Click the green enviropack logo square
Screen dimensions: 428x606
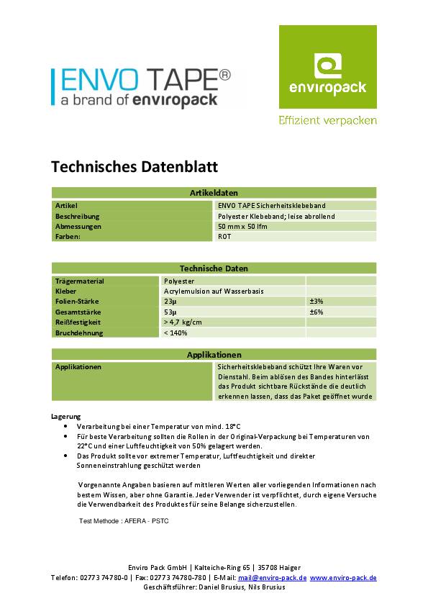click(x=327, y=66)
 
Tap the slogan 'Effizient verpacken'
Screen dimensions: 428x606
click(x=327, y=121)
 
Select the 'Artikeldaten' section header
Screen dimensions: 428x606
click(x=214, y=193)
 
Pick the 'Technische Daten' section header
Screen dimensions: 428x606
click(x=214, y=268)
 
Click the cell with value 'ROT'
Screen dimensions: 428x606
click(x=224, y=236)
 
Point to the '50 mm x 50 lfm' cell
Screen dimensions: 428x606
click(x=242, y=226)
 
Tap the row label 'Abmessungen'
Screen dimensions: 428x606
click(x=78, y=226)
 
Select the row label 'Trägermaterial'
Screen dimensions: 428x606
click(x=80, y=281)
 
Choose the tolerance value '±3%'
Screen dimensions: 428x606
click(x=316, y=302)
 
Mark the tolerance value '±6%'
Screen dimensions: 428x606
click(x=316, y=312)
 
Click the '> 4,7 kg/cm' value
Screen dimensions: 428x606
click(x=183, y=322)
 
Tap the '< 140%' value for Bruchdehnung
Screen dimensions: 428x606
click(x=176, y=333)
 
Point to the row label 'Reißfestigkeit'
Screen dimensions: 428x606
click(x=78, y=322)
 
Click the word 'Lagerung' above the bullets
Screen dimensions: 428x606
click(x=66, y=417)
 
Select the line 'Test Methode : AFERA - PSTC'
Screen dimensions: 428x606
click(x=124, y=520)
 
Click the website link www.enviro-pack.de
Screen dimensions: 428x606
click(x=344, y=578)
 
